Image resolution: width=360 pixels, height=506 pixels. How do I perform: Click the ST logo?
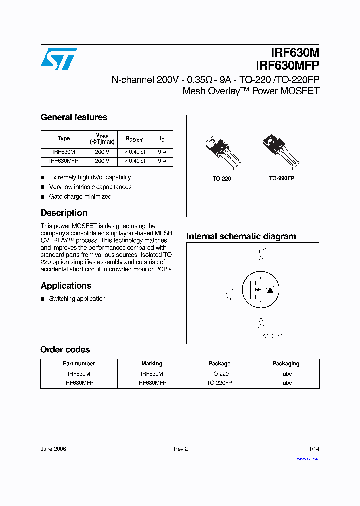(59, 59)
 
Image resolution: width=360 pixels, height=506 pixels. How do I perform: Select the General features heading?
(74, 117)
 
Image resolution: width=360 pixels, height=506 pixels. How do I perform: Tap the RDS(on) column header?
(134, 139)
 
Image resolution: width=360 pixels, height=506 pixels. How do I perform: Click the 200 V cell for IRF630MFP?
(102, 161)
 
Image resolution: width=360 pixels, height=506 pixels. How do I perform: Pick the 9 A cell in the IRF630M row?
(162, 152)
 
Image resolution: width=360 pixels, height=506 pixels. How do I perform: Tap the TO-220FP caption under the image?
(281, 178)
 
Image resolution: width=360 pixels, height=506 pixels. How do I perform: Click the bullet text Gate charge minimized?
(80, 196)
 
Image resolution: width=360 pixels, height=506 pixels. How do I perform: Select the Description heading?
(64, 213)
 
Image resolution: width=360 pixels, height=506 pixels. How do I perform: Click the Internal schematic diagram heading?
(241, 236)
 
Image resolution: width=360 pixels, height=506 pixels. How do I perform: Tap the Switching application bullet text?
(77, 299)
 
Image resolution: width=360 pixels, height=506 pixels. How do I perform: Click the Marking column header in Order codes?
(151, 364)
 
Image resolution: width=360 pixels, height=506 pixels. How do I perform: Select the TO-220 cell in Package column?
(219, 374)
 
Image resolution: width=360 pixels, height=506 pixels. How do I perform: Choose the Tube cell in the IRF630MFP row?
(286, 383)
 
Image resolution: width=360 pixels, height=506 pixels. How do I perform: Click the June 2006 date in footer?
(53, 449)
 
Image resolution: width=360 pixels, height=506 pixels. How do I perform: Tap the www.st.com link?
(308, 459)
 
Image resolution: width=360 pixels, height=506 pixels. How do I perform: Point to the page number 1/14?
(314, 449)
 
